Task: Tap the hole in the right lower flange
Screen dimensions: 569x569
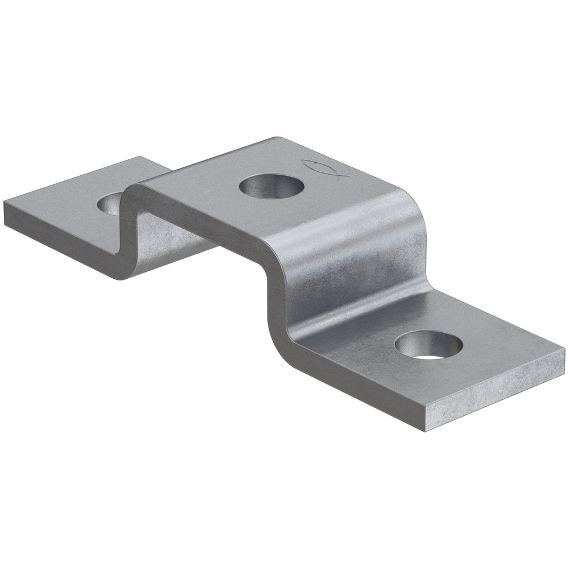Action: (x=428, y=345)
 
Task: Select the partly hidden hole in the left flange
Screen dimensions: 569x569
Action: (x=112, y=204)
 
